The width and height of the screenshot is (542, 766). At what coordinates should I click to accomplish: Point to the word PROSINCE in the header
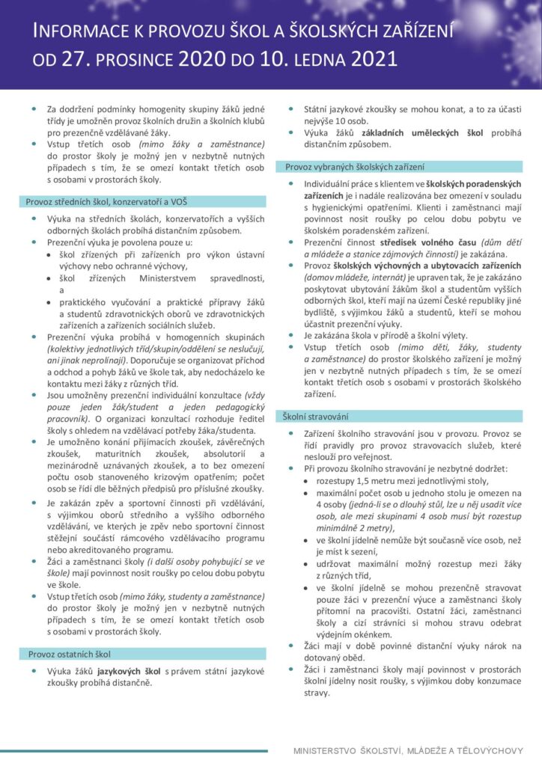141,58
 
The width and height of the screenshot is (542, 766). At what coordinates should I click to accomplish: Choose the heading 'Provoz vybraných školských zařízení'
354,167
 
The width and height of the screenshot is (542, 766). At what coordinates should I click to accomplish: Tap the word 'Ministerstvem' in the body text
153,278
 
